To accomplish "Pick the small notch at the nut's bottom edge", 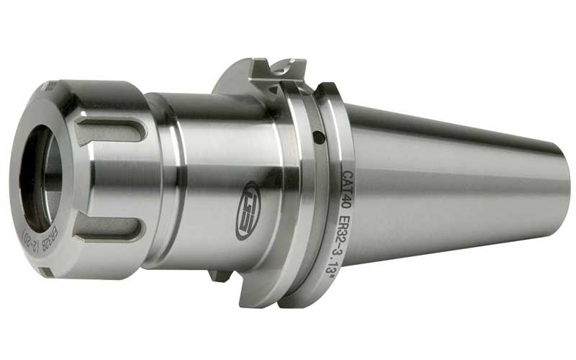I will (45, 271).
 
